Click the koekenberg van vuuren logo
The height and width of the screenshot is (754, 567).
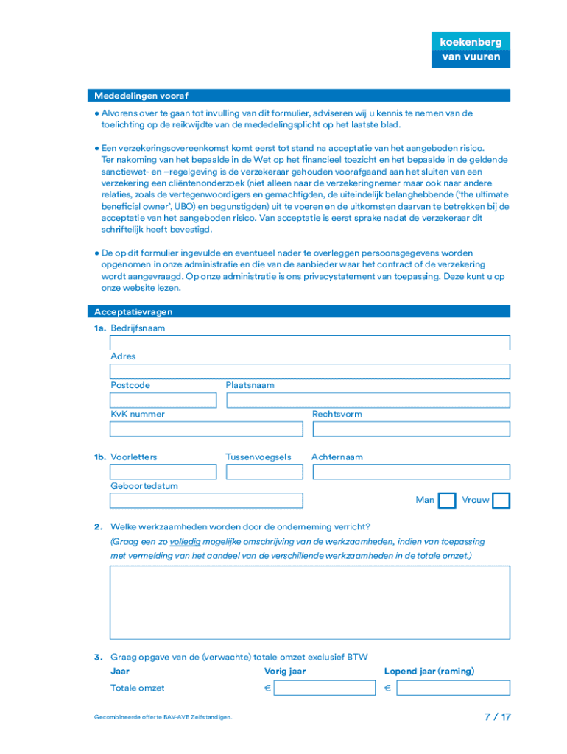coord(471,49)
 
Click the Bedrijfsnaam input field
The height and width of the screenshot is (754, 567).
coord(309,342)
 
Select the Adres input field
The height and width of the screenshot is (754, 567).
coord(309,371)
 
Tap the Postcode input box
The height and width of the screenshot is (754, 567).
coord(163,400)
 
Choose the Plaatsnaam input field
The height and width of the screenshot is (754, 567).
coord(367,400)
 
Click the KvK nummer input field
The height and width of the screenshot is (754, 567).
coord(205,429)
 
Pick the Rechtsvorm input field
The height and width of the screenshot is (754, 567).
coord(411,429)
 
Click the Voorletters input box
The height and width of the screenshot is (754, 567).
coord(163,472)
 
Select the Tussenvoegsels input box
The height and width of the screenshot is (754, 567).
coord(264,472)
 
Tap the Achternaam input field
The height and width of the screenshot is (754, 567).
coord(411,472)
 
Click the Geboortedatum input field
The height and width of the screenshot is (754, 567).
coord(205,501)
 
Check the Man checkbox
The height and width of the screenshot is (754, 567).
coord(447,501)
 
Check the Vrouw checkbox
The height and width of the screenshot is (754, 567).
coord(501,501)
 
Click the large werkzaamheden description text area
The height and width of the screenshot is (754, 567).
coord(309,602)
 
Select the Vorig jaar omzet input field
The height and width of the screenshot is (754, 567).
coord(324,688)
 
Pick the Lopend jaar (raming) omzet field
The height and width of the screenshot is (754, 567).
coord(452,688)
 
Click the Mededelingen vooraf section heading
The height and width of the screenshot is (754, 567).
coord(141,96)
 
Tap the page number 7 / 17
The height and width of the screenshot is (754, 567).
coord(496,716)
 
